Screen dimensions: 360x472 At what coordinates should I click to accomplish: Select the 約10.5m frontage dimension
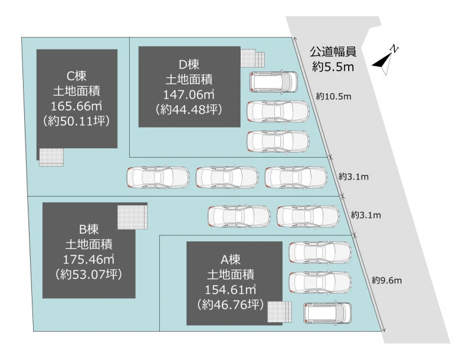(334, 96)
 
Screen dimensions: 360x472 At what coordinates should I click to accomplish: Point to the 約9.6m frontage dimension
(386, 280)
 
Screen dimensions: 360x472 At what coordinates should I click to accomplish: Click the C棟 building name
(77, 76)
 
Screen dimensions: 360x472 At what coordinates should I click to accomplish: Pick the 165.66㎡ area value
(77, 106)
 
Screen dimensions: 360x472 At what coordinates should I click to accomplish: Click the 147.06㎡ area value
(188, 94)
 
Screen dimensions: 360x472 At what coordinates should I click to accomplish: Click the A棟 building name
(231, 258)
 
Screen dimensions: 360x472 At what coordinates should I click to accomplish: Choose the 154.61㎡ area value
(231, 289)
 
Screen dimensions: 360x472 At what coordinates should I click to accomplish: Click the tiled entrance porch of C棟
(51, 157)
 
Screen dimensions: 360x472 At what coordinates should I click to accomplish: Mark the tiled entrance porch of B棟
(132, 217)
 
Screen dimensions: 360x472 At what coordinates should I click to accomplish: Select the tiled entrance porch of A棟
(280, 311)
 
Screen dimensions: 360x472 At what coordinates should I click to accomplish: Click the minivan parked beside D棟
(274, 81)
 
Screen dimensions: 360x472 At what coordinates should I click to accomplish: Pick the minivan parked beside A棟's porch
(327, 313)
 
